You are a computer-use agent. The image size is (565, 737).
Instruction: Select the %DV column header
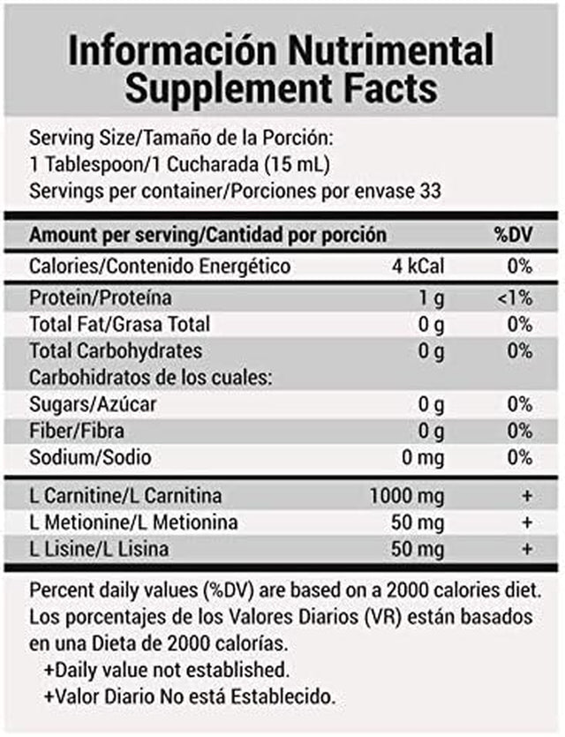[513, 236]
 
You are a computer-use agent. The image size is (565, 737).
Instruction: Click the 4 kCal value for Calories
[419, 267]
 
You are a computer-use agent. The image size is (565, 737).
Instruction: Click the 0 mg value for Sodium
[422, 458]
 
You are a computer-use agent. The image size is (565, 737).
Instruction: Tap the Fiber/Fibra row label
[77, 432]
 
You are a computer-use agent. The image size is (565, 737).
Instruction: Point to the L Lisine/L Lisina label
[110, 549]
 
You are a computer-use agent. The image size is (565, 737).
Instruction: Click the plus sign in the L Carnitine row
[527, 495]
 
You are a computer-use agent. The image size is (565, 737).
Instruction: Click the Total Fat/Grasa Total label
[119, 325]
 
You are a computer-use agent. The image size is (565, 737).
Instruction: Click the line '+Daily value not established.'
[169, 670]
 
